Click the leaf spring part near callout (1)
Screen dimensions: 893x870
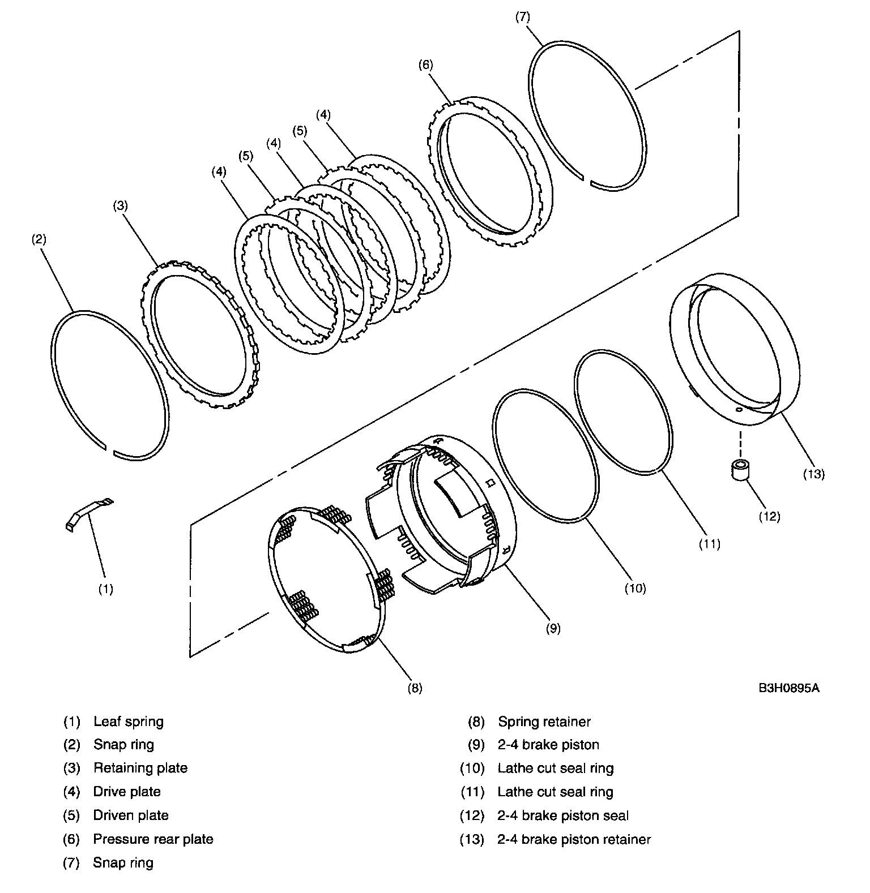click(x=87, y=512)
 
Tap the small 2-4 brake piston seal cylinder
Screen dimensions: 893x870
click(x=739, y=470)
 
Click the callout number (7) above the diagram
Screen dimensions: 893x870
click(x=522, y=17)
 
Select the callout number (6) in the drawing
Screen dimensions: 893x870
click(x=425, y=65)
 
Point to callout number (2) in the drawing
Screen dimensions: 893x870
click(x=39, y=239)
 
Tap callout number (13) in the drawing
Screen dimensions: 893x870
click(x=814, y=474)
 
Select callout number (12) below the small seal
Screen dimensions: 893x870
click(x=770, y=516)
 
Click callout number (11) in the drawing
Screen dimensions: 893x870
click(x=709, y=544)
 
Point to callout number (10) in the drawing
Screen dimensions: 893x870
click(x=635, y=589)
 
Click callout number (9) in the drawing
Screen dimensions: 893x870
click(x=553, y=628)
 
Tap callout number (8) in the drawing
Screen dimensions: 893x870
click(x=415, y=688)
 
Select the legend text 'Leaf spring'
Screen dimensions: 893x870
click(x=129, y=722)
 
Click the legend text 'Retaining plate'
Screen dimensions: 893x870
click(x=140, y=768)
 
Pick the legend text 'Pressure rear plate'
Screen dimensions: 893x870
click(x=153, y=839)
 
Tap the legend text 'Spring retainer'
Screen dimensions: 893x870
click(x=544, y=722)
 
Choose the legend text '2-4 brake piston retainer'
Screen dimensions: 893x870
click(x=574, y=839)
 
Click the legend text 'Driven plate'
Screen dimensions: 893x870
click(x=131, y=815)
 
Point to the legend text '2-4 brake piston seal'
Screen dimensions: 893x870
click(x=563, y=815)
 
